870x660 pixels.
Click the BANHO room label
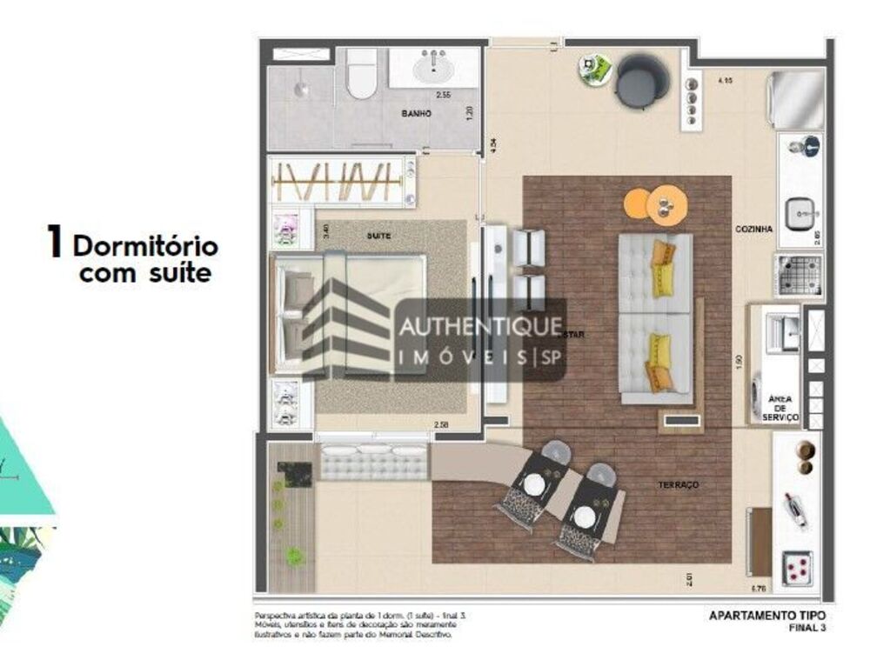coord(417,114)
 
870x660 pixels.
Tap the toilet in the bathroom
coord(361,77)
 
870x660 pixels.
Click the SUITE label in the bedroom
coord(378,236)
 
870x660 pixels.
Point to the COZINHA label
coord(753,229)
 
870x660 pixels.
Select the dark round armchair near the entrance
coord(642,80)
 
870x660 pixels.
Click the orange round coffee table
coord(666,204)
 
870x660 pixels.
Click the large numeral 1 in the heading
coord(55,243)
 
